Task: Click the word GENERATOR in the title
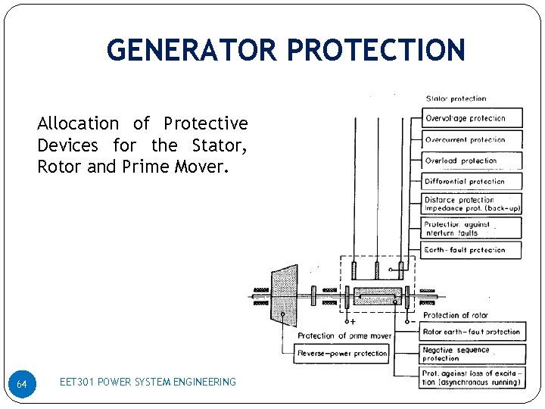click(192, 50)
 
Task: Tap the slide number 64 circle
click(22, 384)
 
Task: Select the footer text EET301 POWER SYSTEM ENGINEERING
click(148, 382)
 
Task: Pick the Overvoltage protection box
click(472, 119)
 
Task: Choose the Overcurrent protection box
click(472, 139)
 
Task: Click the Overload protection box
click(472, 161)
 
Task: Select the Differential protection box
click(472, 182)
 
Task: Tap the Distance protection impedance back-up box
click(472, 204)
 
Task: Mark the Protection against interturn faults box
click(472, 228)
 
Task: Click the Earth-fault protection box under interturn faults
click(472, 250)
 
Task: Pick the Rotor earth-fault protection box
click(472, 332)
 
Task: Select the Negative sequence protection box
click(472, 354)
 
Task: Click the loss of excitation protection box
click(472, 377)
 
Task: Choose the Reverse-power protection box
click(342, 353)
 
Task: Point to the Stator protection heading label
click(456, 99)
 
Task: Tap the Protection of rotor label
click(456, 315)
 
